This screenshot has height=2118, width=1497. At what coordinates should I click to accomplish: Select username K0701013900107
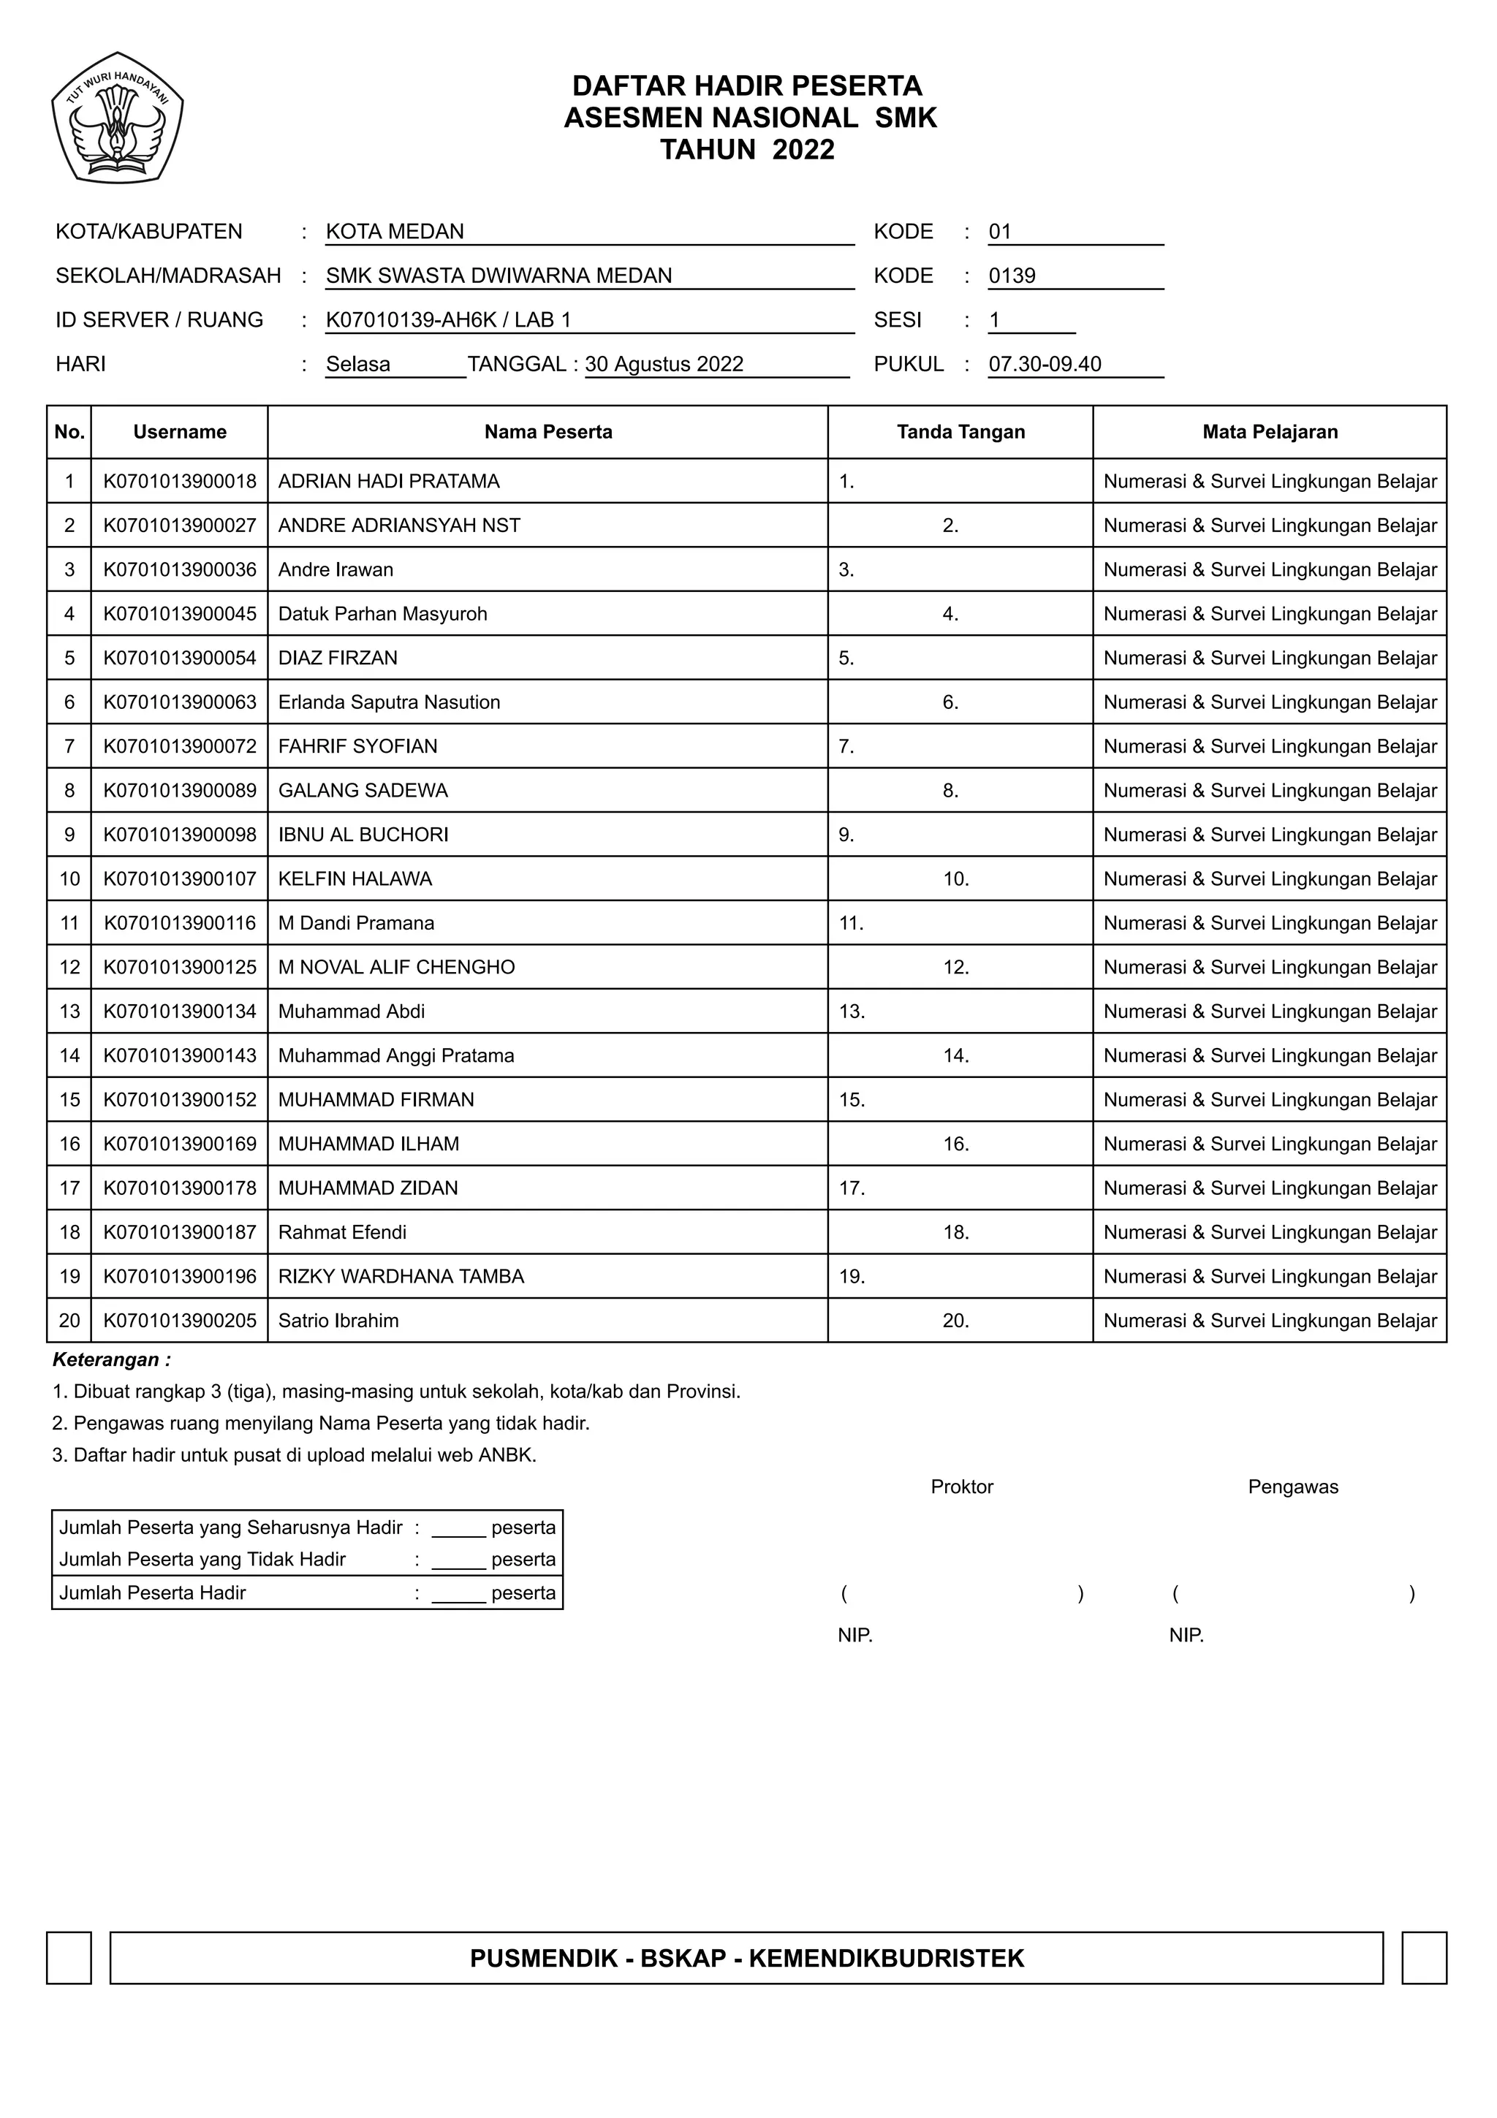(x=180, y=879)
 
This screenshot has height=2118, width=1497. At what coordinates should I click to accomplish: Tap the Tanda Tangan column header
(x=960, y=432)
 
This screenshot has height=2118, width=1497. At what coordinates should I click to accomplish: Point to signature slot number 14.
(x=955, y=1055)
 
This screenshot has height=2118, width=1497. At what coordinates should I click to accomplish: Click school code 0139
(x=1012, y=276)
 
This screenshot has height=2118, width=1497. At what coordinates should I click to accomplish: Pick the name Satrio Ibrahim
(x=338, y=1321)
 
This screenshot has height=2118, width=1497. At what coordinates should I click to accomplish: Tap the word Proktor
(x=961, y=1487)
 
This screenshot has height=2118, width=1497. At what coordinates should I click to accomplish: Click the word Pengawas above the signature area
(x=1292, y=1487)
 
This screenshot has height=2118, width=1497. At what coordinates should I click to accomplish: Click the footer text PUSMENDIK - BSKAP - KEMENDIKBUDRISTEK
(x=746, y=1959)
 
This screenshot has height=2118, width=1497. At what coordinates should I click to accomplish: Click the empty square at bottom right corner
(x=1423, y=1959)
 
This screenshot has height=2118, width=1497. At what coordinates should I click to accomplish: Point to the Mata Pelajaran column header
(x=1269, y=432)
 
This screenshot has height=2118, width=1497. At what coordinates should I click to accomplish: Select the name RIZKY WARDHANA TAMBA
(x=401, y=1277)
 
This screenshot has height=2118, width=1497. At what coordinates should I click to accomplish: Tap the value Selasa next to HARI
(x=358, y=365)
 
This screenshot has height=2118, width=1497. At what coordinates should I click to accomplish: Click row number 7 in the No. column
(x=69, y=746)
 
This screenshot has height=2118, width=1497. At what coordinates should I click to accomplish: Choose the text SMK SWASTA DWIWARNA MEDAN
(x=499, y=276)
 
